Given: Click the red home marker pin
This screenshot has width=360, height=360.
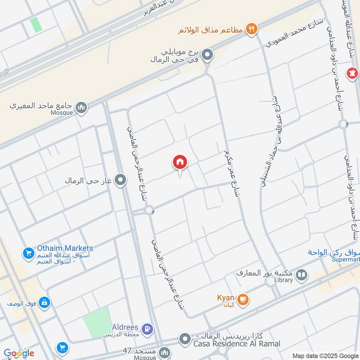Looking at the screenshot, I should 180,162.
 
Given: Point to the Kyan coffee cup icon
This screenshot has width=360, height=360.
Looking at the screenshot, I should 243,300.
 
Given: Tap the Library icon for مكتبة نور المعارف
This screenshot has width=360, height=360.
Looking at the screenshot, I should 301,274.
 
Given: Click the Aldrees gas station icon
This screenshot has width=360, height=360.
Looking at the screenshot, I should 147,329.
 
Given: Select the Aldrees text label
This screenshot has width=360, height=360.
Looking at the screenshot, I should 126,326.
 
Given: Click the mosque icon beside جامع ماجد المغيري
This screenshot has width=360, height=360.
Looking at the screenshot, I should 81,107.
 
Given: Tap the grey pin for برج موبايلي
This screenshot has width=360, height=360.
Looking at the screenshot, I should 207,55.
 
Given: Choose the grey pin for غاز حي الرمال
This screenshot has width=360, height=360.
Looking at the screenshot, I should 120,181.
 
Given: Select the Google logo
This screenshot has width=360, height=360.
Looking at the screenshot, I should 18,353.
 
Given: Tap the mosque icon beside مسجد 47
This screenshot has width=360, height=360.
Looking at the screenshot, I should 165,352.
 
